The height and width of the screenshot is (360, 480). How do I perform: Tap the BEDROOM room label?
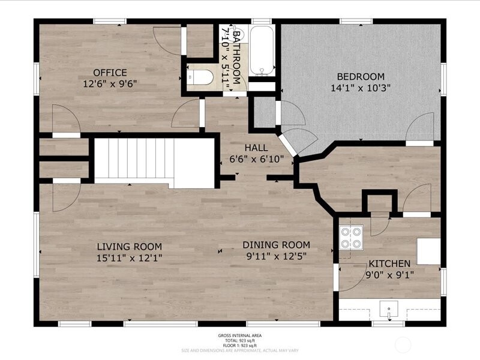[360, 76]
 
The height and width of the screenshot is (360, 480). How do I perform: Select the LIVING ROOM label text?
[130, 246]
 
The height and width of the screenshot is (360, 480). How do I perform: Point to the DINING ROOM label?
[276, 244]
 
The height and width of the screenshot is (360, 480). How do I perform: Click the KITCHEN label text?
[389, 263]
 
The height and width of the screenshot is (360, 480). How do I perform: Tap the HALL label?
[256, 148]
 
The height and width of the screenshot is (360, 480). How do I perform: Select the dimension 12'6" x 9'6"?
[110, 85]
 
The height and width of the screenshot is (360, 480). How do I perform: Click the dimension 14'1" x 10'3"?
[360, 88]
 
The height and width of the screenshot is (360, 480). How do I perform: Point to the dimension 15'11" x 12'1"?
[130, 257]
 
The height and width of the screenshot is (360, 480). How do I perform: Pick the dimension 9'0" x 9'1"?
[389, 275]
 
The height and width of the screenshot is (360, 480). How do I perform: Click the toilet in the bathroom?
[200, 77]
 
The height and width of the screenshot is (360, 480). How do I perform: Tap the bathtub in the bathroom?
[262, 51]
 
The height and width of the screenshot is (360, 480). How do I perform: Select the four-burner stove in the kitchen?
[351, 236]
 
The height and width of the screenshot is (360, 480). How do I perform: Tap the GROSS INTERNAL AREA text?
[240, 335]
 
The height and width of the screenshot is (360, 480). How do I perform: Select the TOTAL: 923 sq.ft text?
[240, 340]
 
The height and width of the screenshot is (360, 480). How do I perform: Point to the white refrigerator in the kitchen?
[428, 251]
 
